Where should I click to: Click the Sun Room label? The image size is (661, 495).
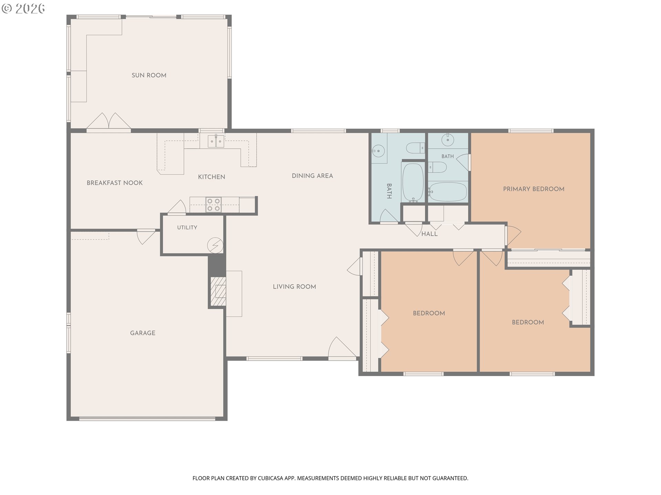point(149,75)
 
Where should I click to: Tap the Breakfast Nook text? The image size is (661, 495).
point(115,183)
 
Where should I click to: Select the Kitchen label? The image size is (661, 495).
point(211,177)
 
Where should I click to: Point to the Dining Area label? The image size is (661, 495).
point(312,176)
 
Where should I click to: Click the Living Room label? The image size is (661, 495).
point(294,287)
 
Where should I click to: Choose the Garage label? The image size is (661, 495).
point(143,333)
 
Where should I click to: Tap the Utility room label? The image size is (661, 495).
point(187,228)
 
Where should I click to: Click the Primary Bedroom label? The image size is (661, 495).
point(534,189)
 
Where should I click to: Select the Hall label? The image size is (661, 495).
point(430,234)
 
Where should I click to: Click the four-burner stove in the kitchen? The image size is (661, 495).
point(213,205)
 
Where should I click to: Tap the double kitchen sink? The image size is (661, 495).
point(216,141)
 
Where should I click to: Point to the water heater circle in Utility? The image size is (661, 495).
point(215,245)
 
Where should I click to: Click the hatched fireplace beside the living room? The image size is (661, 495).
point(218,291)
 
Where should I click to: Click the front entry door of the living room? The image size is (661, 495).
point(342,348)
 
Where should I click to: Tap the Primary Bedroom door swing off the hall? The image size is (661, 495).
point(513,235)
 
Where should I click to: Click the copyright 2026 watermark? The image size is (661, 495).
point(23,9)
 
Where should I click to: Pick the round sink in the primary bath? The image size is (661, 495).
point(448,140)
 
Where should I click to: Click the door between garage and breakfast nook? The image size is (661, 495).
point(146,236)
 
